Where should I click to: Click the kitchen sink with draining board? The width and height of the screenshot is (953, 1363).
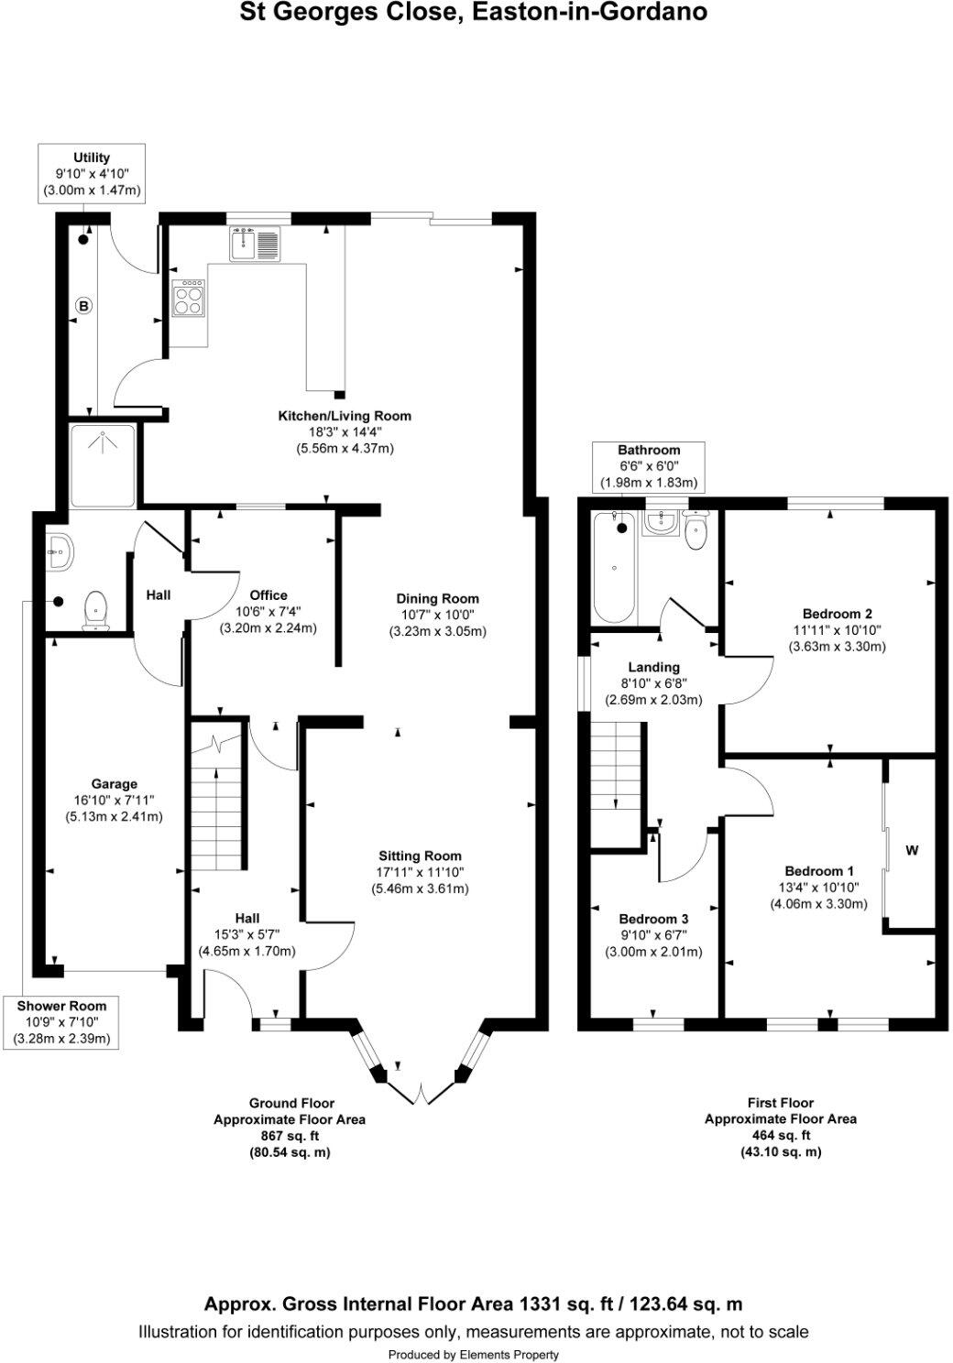pyautogui.click(x=255, y=244)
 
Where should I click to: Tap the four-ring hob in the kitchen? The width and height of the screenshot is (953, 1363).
pyautogui.click(x=188, y=299)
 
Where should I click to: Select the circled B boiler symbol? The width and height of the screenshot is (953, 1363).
pyautogui.click(x=83, y=305)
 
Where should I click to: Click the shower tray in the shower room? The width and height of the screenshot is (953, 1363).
pyautogui.click(x=103, y=465)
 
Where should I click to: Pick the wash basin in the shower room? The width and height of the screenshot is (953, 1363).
pyautogui.click(x=60, y=552)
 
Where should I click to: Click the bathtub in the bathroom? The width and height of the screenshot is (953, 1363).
pyautogui.click(x=614, y=567)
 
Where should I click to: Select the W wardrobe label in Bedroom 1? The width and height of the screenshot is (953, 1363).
pyautogui.click(x=911, y=850)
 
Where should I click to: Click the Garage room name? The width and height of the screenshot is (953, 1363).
pyautogui.click(x=114, y=784)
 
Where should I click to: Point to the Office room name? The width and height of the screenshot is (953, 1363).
pyautogui.click(x=268, y=595)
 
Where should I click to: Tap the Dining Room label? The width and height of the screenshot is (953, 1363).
pyautogui.click(x=437, y=598)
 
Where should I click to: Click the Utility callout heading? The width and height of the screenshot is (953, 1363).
pyautogui.click(x=92, y=158)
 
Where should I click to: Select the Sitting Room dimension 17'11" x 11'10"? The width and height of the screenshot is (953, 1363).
pyautogui.click(x=420, y=872)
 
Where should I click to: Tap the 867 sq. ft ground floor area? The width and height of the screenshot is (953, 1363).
pyautogui.click(x=290, y=1136)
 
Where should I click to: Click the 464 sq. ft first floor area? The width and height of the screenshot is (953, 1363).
pyautogui.click(x=781, y=1135)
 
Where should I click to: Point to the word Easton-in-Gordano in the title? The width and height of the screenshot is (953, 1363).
pyautogui.click(x=590, y=12)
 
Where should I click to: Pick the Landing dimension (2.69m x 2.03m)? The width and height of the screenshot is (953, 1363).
pyautogui.click(x=653, y=700)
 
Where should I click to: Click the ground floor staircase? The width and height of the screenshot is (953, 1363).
pyautogui.click(x=217, y=793)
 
